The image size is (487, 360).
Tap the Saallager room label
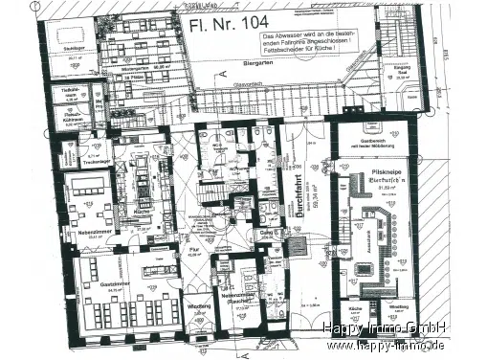71,47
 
